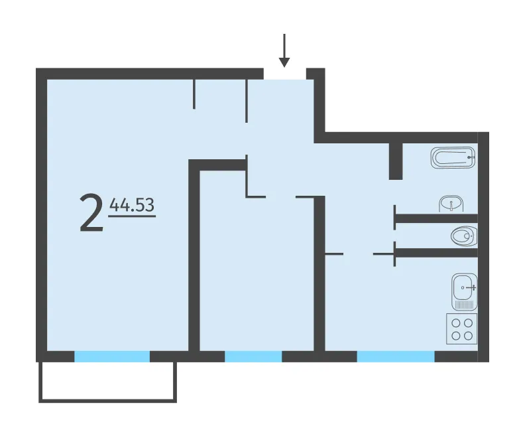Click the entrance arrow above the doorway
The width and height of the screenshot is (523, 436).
pos(284,50)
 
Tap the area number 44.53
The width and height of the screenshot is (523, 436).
pos(132,205)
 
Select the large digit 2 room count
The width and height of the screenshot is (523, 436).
pos(91,214)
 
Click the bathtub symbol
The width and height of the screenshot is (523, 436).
pos(453,157)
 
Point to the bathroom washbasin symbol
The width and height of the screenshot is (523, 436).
pos(451,204)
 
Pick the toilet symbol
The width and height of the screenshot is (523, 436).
pos(464,236)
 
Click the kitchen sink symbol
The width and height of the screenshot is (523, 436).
pos(464,292)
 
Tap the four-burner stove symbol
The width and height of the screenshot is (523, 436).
pos(462,329)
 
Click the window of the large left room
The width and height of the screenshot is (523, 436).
pos(112,356)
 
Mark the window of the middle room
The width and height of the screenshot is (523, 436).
pos(253,356)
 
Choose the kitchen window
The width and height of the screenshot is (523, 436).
pos(396,356)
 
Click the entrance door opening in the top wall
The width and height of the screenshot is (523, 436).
pos(285,74)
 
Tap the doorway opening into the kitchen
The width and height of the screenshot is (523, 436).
pos(358,254)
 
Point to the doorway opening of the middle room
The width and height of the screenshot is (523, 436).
pos(281,197)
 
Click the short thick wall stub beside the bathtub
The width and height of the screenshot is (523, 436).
pos(396,161)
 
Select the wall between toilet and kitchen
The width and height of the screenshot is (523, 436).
pos(437,253)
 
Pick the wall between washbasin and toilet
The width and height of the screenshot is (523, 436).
pos(437,218)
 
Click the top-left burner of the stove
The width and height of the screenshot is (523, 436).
pos(456,323)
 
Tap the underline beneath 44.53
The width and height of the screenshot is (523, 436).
pos(132,216)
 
